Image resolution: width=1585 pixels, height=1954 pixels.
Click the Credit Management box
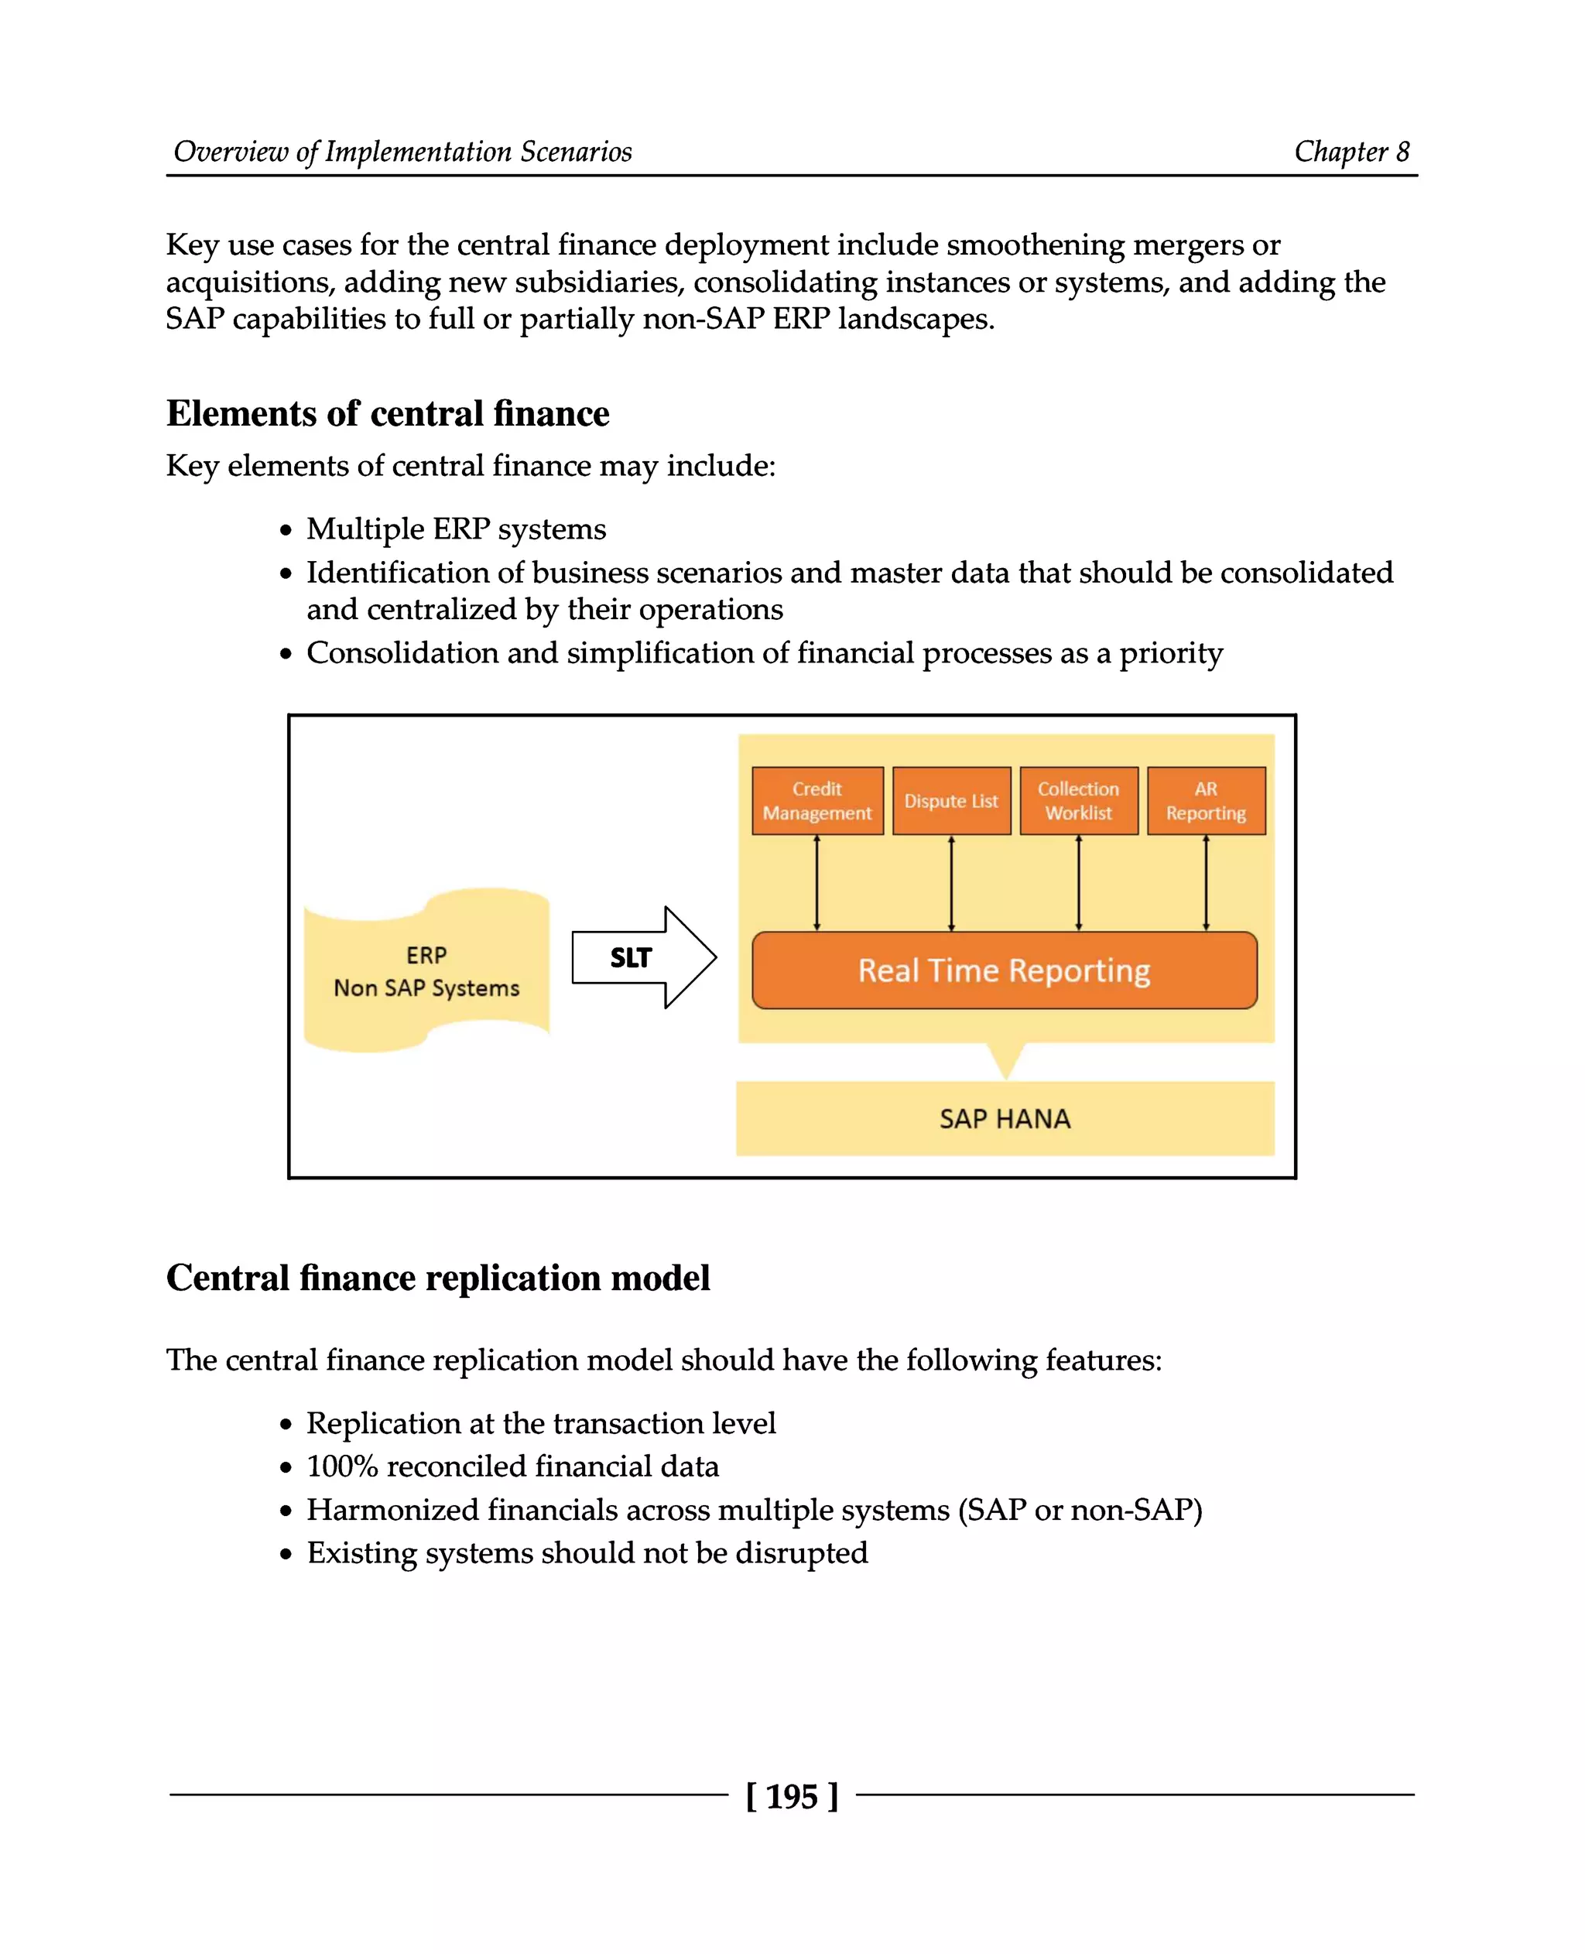[817, 801]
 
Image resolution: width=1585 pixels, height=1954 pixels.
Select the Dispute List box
[951, 801]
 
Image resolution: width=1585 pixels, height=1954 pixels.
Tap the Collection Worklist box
[1078, 801]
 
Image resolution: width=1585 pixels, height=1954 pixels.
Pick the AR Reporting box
[1205, 801]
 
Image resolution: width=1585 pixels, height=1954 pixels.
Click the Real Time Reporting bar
[1005, 970]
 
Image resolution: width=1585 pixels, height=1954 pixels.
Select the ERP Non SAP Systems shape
[426, 971]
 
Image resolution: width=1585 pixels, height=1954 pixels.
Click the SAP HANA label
[1005, 1118]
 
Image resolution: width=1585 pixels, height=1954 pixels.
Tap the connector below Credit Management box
[817, 883]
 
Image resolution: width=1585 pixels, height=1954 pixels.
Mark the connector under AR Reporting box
[1206, 883]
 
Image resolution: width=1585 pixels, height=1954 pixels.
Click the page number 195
[792, 1796]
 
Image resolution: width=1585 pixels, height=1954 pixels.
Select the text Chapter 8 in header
[1351, 152]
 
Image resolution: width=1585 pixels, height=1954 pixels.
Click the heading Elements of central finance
[387, 413]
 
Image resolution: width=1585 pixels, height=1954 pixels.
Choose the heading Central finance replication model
[437, 1278]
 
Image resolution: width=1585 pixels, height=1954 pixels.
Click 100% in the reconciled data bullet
[341, 1466]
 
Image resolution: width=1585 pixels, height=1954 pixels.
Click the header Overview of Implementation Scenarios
[402, 152]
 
